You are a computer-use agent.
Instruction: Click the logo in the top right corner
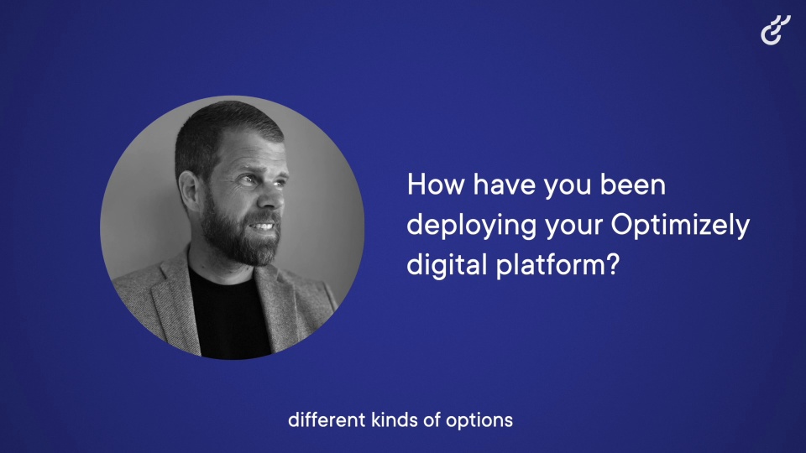pos(776,30)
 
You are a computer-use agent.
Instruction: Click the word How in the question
pos(436,185)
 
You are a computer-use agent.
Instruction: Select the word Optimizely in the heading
pos(681,226)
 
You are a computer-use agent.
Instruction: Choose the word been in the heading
pos(633,185)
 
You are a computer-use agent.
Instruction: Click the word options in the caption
pos(479,422)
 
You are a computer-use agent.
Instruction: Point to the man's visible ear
pos(189,190)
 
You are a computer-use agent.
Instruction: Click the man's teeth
pos(264,226)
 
